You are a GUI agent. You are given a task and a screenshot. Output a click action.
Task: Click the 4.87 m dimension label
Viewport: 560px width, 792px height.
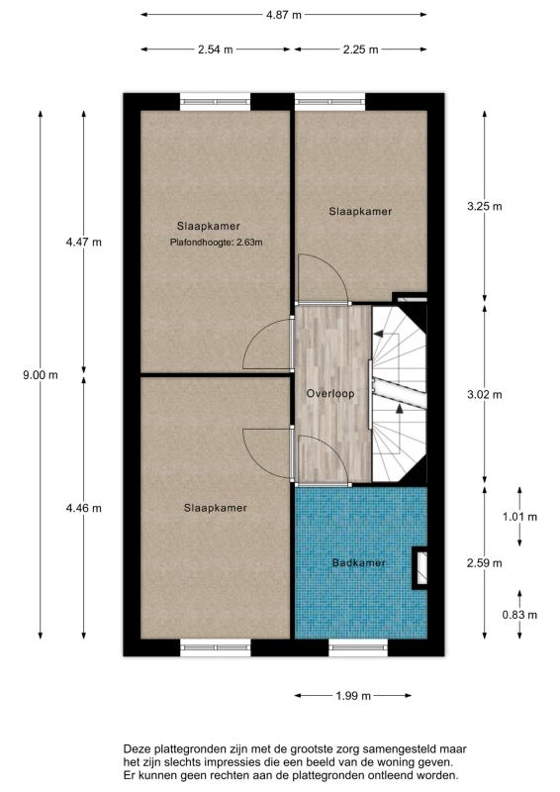pyautogui.click(x=284, y=15)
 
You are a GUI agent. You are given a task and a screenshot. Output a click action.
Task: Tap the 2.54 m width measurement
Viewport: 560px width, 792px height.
pyautogui.click(x=215, y=49)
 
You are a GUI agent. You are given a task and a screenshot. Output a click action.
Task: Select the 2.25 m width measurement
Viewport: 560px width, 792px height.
pyautogui.click(x=360, y=49)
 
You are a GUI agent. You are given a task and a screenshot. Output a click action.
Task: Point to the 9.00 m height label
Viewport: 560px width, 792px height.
pyautogui.click(x=41, y=375)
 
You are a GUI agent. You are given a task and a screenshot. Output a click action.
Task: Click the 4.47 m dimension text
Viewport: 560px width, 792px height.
pyautogui.click(x=84, y=242)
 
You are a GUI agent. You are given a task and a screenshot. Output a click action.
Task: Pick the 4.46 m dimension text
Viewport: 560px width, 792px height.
pyautogui.click(x=84, y=508)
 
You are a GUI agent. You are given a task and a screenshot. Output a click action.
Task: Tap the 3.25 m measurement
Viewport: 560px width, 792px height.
pyautogui.click(x=485, y=206)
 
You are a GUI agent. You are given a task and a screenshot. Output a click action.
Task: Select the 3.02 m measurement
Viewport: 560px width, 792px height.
pyautogui.click(x=485, y=394)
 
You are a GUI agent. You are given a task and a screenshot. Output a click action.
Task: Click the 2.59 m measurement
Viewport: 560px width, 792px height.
pyautogui.click(x=485, y=562)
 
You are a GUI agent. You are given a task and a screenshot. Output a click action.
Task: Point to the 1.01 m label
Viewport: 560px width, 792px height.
pyautogui.click(x=519, y=517)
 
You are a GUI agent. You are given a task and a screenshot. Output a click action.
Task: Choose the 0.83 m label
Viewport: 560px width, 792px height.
pyautogui.click(x=519, y=615)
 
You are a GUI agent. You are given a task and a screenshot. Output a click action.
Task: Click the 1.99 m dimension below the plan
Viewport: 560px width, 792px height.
pyautogui.click(x=353, y=696)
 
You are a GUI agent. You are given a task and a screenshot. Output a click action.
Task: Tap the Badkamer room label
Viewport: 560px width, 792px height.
pyautogui.click(x=359, y=562)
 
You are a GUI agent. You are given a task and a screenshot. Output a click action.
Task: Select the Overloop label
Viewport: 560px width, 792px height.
pyautogui.click(x=330, y=393)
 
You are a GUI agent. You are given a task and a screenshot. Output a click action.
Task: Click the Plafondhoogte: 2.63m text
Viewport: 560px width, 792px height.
pyautogui.click(x=216, y=243)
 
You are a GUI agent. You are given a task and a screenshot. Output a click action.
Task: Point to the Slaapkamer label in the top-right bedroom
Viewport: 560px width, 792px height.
pyautogui.click(x=360, y=212)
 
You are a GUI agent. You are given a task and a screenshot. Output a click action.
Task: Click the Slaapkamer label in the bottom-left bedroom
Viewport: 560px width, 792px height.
pyautogui.click(x=216, y=508)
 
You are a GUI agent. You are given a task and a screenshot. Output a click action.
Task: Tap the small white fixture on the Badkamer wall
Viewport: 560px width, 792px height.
pyautogui.click(x=421, y=567)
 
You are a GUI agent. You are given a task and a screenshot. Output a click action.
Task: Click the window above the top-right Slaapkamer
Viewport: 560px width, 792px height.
pyautogui.click(x=330, y=102)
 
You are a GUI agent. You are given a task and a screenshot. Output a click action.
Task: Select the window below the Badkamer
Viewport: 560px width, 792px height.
pyautogui.click(x=358, y=647)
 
